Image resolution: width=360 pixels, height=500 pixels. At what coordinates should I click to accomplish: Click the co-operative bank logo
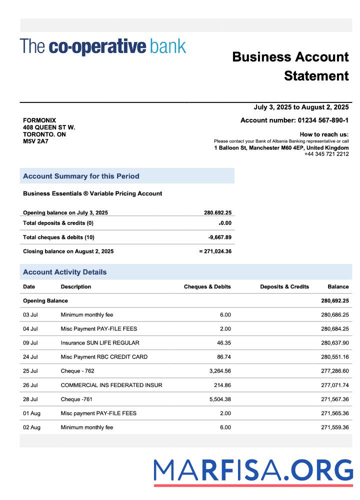click(x=103, y=46)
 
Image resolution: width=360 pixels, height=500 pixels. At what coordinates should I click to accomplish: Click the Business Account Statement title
click(x=290, y=66)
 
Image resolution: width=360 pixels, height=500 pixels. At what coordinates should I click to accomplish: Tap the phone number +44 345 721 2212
click(x=326, y=154)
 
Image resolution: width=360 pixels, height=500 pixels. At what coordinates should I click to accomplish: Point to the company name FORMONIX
click(x=39, y=120)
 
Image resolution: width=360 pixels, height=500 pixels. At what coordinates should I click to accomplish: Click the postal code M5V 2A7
click(x=35, y=141)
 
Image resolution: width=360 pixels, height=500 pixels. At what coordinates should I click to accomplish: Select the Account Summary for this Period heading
click(x=81, y=176)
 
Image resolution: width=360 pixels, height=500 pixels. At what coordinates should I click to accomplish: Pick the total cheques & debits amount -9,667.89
click(x=219, y=237)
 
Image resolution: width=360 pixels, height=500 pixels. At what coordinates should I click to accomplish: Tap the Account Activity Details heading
click(x=65, y=272)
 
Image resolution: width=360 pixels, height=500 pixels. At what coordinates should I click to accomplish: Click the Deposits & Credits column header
click(x=284, y=287)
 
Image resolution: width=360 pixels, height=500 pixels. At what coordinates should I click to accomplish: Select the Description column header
click(x=76, y=287)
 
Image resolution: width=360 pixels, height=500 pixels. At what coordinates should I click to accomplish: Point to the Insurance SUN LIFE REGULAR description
click(x=100, y=343)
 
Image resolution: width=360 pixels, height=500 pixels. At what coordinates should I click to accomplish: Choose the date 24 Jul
click(x=30, y=357)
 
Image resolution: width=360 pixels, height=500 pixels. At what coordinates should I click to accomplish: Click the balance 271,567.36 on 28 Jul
click(x=334, y=399)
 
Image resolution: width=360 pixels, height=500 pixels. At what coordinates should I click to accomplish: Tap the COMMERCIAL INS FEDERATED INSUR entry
click(x=111, y=385)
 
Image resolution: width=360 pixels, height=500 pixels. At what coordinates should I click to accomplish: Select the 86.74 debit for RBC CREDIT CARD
click(x=221, y=357)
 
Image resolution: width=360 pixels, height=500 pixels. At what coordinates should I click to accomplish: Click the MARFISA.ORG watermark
click(x=253, y=471)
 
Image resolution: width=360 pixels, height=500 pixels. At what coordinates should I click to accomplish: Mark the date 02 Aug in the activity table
click(x=31, y=427)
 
